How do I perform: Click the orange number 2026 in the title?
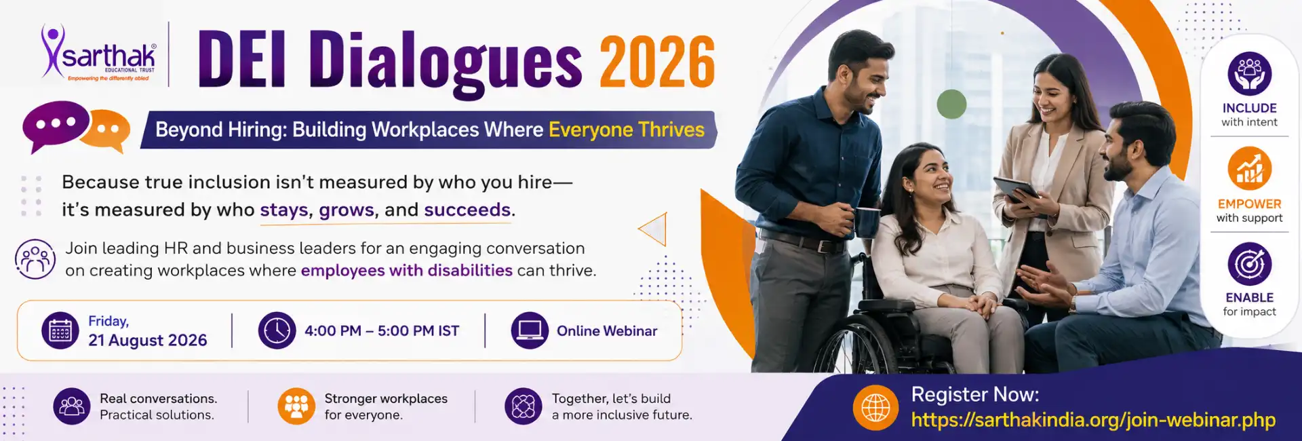tap(656, 62)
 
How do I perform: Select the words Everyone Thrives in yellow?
tap(627, 130)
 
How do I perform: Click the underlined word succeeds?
tap(467, 210)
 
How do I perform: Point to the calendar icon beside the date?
tap(60, 330)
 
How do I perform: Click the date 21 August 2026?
tap(148, 340)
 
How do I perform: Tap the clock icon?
tap(277, 330)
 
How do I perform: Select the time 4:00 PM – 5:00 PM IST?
tap(382, 331)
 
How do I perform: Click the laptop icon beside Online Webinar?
tap(530, 330)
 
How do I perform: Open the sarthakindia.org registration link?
tap(1093, 420)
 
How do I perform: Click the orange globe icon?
tap(875, 408)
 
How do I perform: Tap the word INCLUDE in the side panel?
tap(1249, 108)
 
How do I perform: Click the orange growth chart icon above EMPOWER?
tap(1249, 169)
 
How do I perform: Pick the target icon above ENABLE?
tap(1249, 264)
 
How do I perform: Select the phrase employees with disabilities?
tap(407, 270)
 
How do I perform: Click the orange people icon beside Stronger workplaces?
tap(296, 406)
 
